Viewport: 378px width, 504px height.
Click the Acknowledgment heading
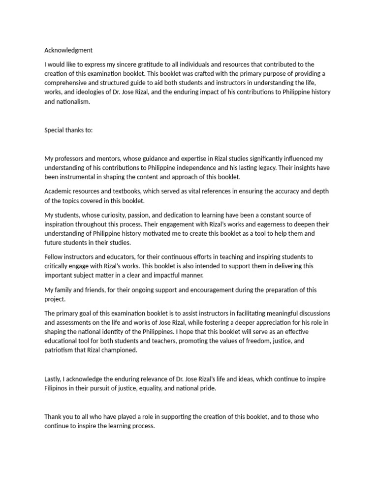pos(68,50)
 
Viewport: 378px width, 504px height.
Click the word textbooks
pos(118,191)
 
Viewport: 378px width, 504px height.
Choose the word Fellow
pos(54,256)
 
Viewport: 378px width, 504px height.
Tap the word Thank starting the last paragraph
pos(54,416)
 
